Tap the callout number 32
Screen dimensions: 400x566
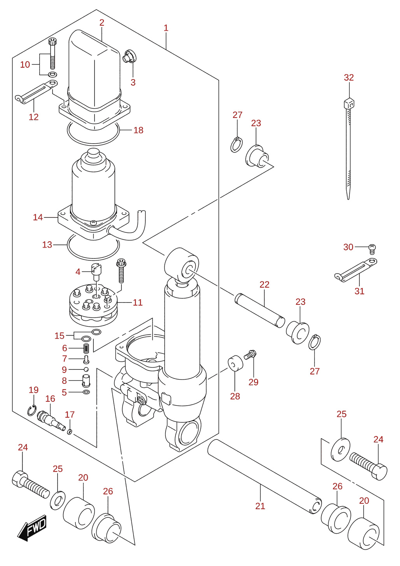point(349,77)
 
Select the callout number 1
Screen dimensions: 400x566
point(166,28)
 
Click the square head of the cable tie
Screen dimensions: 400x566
point(349,103)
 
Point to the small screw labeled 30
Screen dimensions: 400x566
point(372,249)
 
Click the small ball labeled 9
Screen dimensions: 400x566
point(86,369)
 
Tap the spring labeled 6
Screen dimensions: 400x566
point(86,349)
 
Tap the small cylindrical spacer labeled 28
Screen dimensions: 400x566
point(235,363)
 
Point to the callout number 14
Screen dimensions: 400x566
point(38,217)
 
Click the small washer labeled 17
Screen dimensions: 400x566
point(70,432)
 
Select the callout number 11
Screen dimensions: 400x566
point(138,302)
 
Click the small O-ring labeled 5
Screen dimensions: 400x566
point(86,392)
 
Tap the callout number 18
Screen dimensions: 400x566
point(139,130)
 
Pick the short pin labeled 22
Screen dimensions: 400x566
point(260,310)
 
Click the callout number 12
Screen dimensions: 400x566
point(33,117)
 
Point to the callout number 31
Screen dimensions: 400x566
point(360,291)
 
